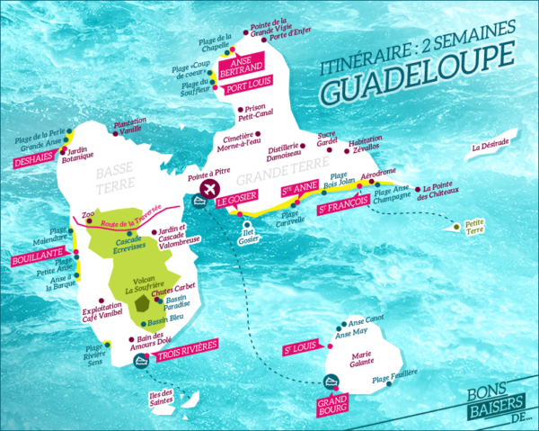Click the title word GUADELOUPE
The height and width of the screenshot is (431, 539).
pyautogui.click(x=409, y=88)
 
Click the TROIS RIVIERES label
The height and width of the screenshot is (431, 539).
pyautogui.click(x=184, y=357)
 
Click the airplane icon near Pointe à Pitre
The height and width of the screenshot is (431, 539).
pyautogui.click(x=211, y=189)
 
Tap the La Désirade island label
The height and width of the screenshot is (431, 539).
pyautogui.click(x=490, y=146)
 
